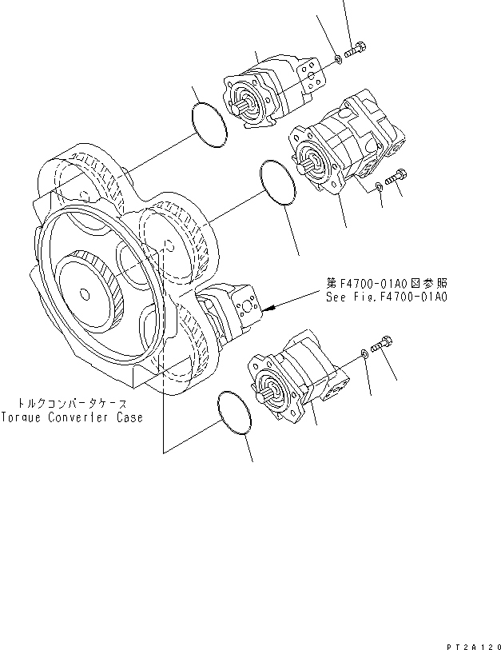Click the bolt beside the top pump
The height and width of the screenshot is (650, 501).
point(357,46)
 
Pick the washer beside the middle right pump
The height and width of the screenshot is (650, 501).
point(378,187)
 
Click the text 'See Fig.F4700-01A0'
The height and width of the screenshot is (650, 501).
point(385,296)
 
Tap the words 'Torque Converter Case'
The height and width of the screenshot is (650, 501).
point(72,417)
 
